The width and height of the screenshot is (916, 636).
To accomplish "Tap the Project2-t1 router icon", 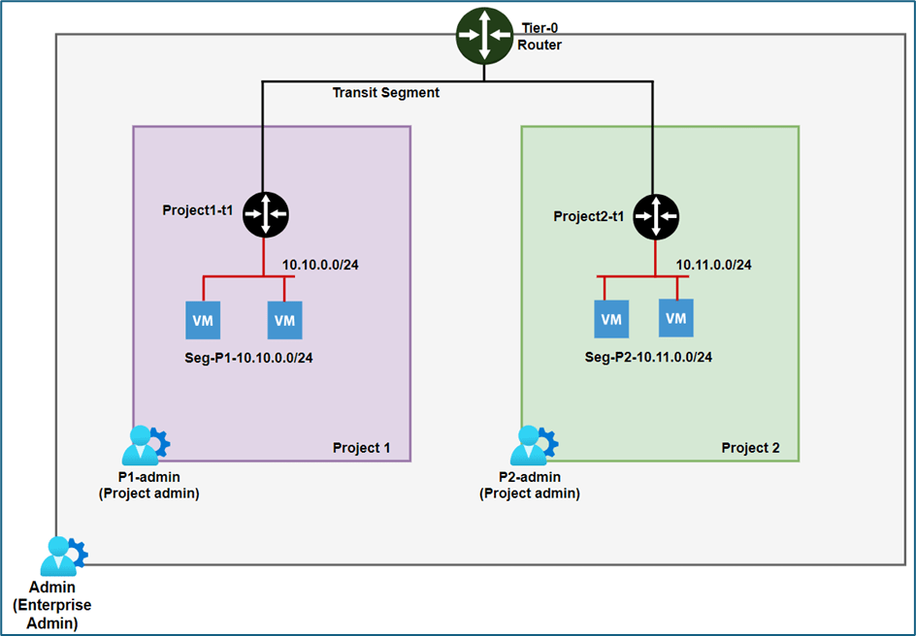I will coord(657,217).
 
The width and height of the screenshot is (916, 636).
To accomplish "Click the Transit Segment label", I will coord(386,93).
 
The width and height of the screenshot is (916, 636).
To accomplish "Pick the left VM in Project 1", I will coord(203,320).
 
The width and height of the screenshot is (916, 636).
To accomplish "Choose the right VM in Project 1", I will coord(284,320).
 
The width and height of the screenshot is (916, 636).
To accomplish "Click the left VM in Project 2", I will coord(611,319).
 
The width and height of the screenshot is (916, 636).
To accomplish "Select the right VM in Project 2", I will coord(676,318).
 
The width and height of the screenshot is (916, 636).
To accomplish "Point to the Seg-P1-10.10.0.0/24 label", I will coord(249,357).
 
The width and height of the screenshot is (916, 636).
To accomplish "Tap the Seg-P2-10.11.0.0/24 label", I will coord(649,357).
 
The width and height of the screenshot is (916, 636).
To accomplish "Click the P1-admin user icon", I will coord(146,445).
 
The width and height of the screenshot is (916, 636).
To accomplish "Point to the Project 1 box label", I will coord(362,448).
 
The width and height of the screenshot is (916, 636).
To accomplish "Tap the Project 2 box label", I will coord(750,449).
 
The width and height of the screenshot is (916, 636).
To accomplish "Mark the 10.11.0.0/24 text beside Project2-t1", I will coord(714,264).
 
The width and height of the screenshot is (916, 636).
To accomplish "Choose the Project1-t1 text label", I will coord(199,209).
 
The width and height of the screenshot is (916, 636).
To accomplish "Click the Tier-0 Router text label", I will coord(540,36).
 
